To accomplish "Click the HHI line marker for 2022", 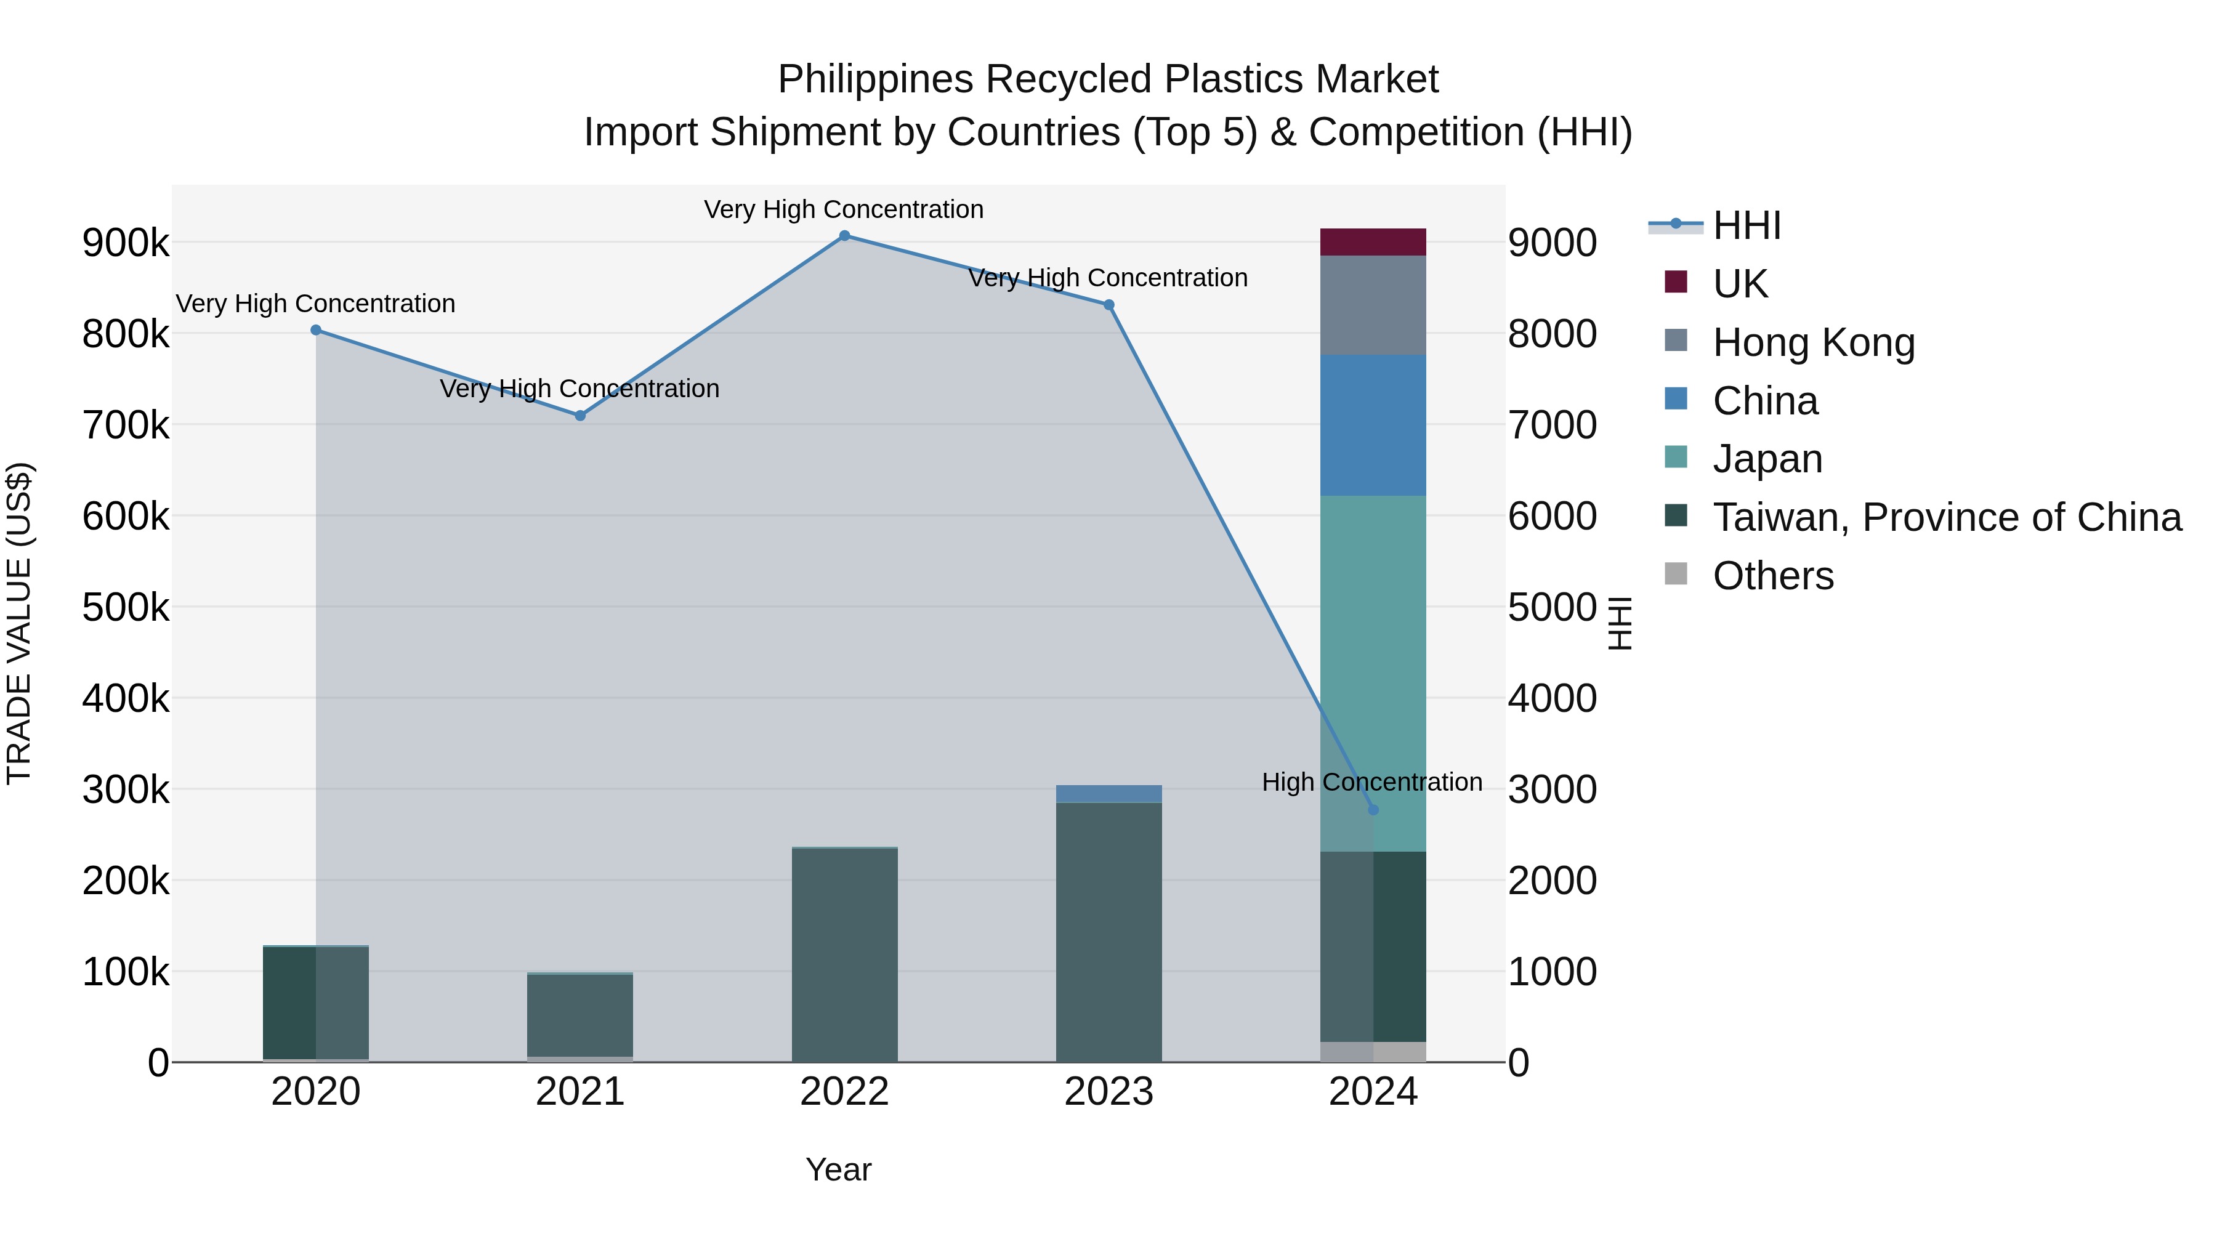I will click(844, 236).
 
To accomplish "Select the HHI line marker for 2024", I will click(1373, 810).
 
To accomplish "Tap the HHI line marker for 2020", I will click(316, 329).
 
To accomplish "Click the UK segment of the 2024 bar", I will click(1373, 242).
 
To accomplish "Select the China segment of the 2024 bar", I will click(1373, 425).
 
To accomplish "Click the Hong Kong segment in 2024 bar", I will click(1373, 305).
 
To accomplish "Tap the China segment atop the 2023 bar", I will click(1108, 794).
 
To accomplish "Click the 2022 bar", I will click(844, 955).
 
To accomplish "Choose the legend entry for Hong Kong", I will click(1814, 342).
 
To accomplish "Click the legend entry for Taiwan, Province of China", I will click(1947, 517).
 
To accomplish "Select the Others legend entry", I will click(1773, 576).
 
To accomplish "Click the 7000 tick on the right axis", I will click(1552, 425).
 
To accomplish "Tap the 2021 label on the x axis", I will click(580, 1092).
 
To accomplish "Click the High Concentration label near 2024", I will click(1372, 782).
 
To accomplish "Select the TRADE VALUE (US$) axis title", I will click(19, 623).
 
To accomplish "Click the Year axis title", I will click(838, 1169).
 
